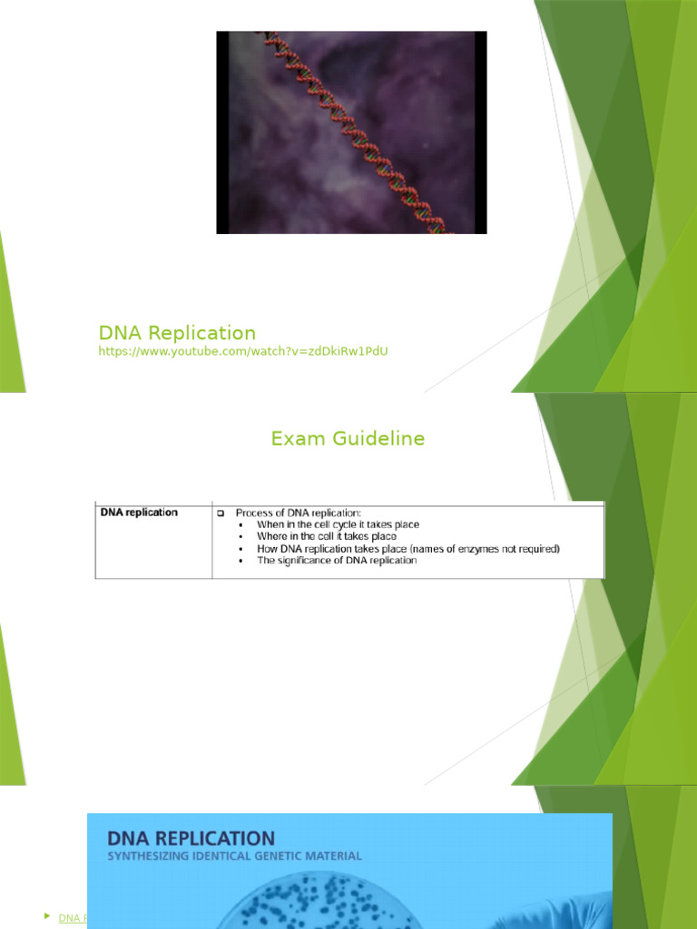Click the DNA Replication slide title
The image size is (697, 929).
(x=177, y=333)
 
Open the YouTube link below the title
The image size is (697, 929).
(x=243, y=351)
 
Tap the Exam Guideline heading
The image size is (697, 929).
(x=348, y=439)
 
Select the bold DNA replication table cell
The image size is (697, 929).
(x=139, y=513)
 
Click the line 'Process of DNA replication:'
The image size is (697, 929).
(x=299, y=513)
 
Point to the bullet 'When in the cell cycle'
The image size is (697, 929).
(x=338, y=524)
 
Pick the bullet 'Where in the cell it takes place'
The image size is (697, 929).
(x=327, y=536)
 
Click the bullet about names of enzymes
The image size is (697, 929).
(x=408, y=549)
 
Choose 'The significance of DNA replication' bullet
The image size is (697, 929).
(x=337, y=561)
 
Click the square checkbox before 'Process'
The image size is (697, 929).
(x=221, y=513)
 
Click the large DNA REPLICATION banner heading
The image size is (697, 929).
(x=191, y=837)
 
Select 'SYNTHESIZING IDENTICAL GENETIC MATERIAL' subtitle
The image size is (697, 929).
(x=234, y=856)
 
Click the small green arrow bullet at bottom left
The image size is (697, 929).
(x=46, y=916)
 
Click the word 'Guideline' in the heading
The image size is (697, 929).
(x=380, y=439)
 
